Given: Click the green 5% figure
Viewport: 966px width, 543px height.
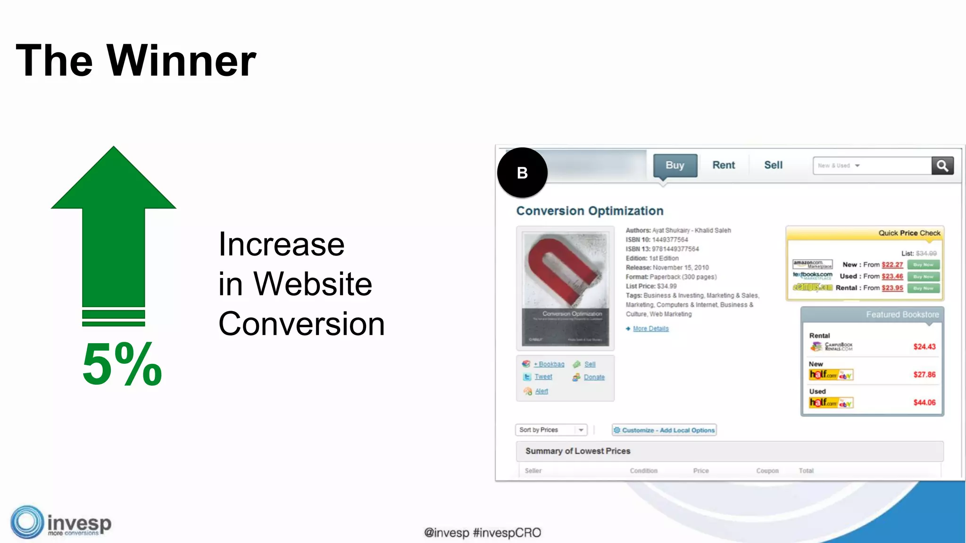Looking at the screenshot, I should click(x=122, y=364).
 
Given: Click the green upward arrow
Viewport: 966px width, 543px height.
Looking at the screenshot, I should click(x=114, y=226).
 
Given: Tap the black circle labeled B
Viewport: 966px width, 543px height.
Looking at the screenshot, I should click(x=522, y=173).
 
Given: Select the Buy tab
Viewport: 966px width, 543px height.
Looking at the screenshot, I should click(x=675, y=165).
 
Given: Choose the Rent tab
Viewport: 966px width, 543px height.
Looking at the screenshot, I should click(x=724, y=165).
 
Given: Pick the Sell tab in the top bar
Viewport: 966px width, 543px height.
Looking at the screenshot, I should click(x=773, y=165).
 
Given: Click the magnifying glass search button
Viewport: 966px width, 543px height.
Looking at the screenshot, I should click(x=942, y=166).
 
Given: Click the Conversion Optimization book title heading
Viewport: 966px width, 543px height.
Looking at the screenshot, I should click(x=590, y=211).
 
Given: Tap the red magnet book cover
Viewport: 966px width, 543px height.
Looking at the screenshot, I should click(x=565, y=288).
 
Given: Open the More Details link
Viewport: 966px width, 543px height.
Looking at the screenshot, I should click(x=650, y=329).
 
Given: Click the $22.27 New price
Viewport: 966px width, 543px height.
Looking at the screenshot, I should click(x=892, y=265).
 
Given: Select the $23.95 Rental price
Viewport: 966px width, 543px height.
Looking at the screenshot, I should click(x=892, y=288).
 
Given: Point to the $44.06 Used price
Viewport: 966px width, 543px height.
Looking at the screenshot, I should click(x=924, y=403).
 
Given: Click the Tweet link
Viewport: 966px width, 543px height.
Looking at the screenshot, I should click(x=543, y=377).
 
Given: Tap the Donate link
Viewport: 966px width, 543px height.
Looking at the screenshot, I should click(x=594, y=377).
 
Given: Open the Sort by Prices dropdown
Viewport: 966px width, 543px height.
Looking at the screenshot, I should click(x=551, y=430).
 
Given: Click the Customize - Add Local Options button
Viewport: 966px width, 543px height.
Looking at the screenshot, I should click(x=664, y=430).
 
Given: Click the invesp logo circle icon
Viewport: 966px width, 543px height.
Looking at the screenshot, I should click(x=27, y=522).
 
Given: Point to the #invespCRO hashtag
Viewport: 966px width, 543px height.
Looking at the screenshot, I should click(x=507, y=533).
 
